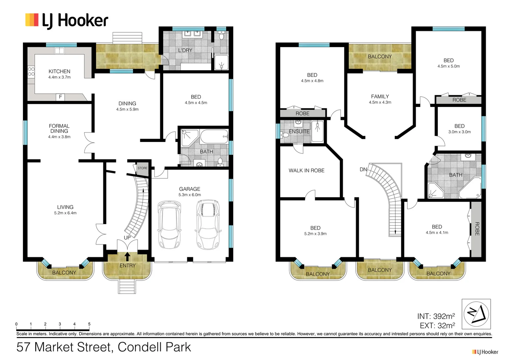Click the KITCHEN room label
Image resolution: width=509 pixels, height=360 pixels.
point(59,71)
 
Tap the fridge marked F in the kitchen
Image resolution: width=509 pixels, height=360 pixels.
point(60,97)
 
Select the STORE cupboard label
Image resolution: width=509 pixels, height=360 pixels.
point(142,168)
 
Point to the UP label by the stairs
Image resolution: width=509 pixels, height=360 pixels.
point(127,238)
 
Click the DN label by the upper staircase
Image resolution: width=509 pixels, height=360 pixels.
point(363,169)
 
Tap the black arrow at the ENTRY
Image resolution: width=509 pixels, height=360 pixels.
point(127,256)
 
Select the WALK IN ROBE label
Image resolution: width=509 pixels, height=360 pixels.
point(306,170)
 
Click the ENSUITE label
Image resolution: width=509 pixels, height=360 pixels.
point(299,131)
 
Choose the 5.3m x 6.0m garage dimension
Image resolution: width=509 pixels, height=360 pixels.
point(190,195)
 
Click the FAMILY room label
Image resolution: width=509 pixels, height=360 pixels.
point(380,97)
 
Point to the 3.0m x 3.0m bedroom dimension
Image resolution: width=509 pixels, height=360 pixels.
point(459,132)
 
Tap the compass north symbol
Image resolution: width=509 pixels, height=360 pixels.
point(476,314)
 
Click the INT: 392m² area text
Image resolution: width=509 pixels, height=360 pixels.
point(436,316)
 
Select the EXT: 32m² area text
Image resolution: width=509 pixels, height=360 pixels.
point(437,326)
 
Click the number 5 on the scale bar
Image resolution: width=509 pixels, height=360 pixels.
point(89,324)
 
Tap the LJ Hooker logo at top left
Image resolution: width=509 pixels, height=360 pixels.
point(67,20)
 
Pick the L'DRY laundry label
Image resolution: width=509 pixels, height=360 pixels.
point(185,50)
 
